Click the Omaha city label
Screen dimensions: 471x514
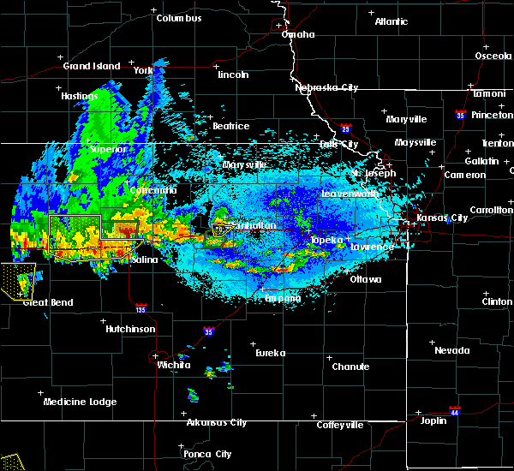pos(298,34)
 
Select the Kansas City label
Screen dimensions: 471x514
pos(438,218)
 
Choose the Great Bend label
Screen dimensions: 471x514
pos(48,302)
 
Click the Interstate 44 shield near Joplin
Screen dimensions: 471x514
pos(454,410)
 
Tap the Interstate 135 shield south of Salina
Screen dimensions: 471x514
pos(140,307)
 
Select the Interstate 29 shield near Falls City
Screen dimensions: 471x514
pos(346,128)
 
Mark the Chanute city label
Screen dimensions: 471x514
pos(350,367)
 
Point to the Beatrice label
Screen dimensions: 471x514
pos(230,126)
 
